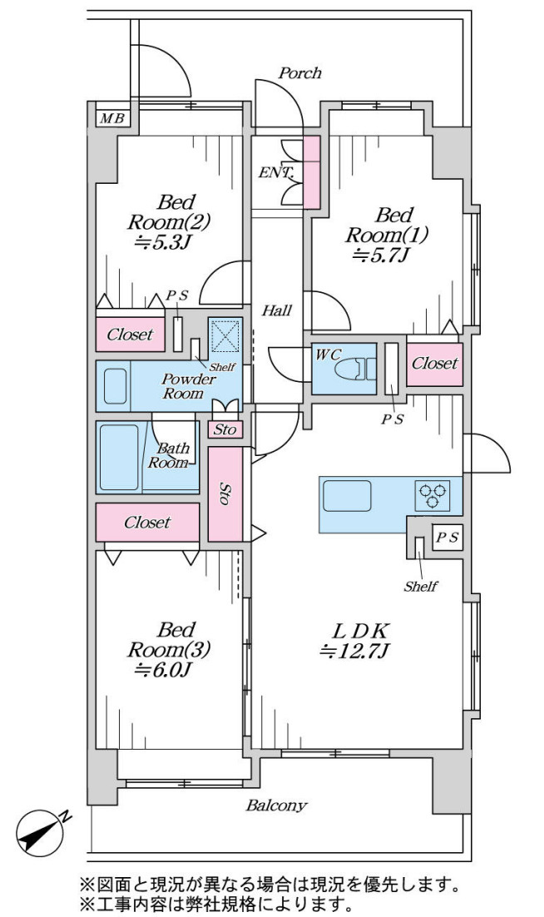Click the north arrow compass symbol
coord(41,831)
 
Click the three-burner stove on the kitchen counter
coord(433,495)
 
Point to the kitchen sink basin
coord(347,495)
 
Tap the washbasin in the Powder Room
coord(116,386)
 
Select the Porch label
coord(299,73)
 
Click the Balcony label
coord(276,805)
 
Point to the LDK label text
coord(360,631)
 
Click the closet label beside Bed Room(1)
coord(435,363)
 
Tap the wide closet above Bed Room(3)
coord(147,523)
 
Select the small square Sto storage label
coord(225,430)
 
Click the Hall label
coord(276,310)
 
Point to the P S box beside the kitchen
coord(448,538)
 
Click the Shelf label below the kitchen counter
coord(421,586)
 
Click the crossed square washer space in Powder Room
coord(225,335)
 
